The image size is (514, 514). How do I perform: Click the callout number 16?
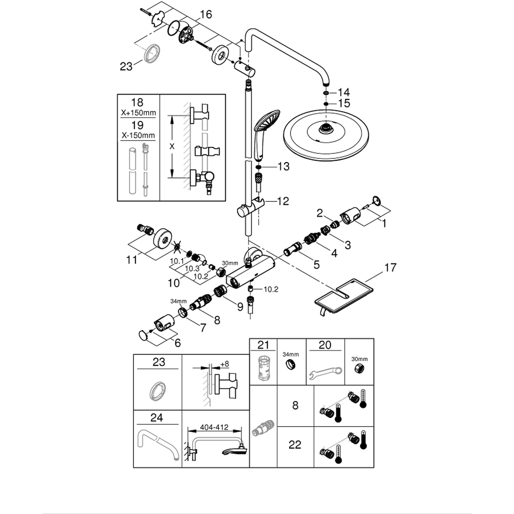tap(206, 14)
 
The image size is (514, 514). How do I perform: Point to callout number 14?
tap(344, 92)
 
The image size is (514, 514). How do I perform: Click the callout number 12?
tap(283, 201)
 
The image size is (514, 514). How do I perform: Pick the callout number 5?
tap(316, 265)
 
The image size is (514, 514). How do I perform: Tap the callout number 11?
tap(131, 260)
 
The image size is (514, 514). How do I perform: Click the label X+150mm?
tap(138, 113)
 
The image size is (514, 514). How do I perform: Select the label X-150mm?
tap(138, 135)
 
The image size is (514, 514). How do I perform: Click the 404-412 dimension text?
tap(214, 427)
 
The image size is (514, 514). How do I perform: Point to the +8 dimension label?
tap(225, 364)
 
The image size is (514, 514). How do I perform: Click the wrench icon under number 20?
tap(326, 373)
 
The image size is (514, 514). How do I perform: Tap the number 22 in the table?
tap(295, 445)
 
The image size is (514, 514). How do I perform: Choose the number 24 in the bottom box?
tap(157, 417)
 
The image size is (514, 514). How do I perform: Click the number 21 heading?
tap(263, 345)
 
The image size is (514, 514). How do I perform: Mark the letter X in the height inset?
tap(172, 146)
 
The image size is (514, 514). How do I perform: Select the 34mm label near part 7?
tap(178, 301)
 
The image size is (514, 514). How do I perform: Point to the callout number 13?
tap(283, 166)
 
